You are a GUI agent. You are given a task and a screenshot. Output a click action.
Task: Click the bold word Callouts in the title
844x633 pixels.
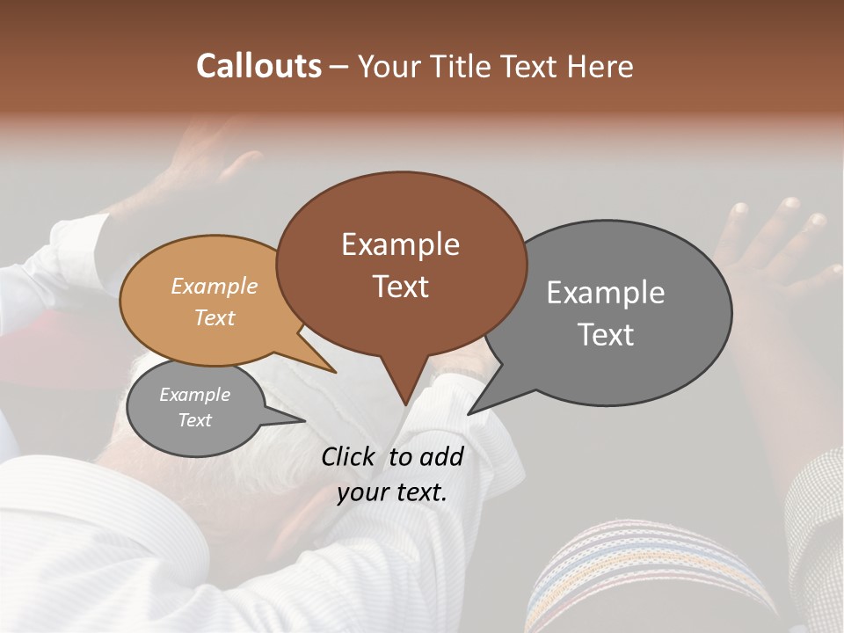258,66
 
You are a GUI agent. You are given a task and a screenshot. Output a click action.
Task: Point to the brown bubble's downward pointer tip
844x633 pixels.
404,404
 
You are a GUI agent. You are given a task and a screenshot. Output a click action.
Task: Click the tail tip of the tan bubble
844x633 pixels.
336,372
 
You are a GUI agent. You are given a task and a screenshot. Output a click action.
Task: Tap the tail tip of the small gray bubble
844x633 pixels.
304,420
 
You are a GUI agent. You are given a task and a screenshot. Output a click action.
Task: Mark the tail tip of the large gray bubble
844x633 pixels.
469,413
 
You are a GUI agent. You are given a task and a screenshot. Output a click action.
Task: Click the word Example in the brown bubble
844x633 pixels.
400,244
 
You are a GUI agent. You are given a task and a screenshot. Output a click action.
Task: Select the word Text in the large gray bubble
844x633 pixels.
606,335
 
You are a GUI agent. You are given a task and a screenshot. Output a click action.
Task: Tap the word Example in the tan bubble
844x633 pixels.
214,287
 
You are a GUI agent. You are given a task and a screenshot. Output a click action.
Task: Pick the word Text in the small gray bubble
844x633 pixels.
194,420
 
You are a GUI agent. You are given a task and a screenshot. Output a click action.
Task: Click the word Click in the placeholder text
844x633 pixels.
350,456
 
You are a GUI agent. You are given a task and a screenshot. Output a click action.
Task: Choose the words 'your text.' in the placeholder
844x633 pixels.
391,492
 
